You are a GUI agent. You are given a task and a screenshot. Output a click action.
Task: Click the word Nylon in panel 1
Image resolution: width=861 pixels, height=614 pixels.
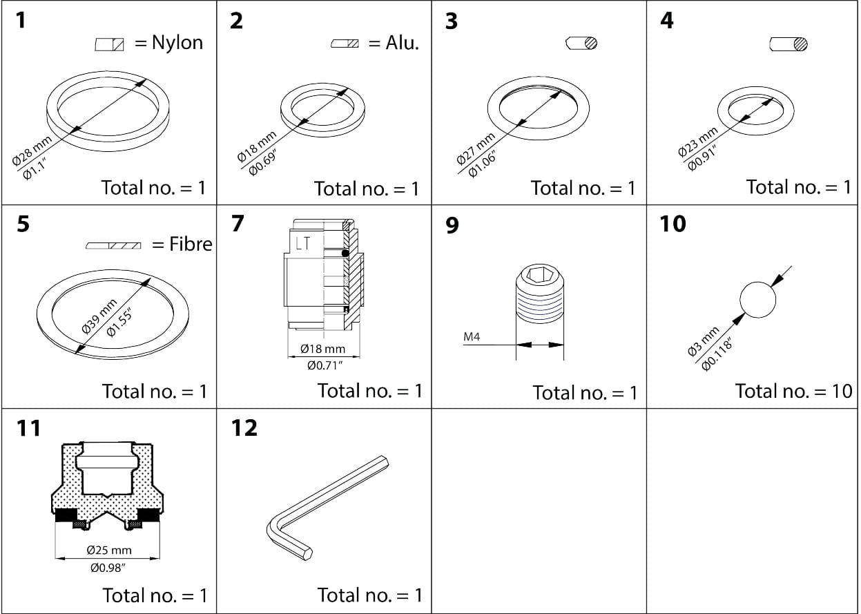pyautogui.click(x=177, y=43)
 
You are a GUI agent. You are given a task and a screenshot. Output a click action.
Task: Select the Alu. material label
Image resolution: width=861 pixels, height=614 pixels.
pyautogui.click(x=402, y=43)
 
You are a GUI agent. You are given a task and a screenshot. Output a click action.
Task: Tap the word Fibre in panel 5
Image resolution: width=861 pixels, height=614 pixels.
pyautogui.click(x=191, y=244)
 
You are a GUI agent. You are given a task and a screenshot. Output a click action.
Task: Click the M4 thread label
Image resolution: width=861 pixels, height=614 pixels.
pyautogui.click(x=472, y=338)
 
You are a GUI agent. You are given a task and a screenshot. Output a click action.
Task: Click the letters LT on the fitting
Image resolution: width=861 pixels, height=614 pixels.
pyautogui.click(x=303, y=243)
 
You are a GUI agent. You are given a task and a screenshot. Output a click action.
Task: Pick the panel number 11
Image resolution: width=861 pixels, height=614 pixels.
pyautogui.click(x=28, y=428)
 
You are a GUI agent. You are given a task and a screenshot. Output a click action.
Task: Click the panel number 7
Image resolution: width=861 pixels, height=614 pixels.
pyautogui.click(x=238, y=224)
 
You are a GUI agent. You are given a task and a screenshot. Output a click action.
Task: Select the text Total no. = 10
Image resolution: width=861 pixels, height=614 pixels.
pyautogui.click(x=793, y=391)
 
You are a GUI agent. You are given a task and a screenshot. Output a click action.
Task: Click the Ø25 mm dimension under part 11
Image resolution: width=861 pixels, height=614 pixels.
pyautogui.click(x=108, y=550)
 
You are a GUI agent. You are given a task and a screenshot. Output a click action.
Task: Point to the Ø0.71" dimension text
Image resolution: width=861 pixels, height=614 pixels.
pyautogui.click(x=325, y=364)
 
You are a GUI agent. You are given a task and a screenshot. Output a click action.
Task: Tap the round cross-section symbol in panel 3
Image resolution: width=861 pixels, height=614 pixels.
pyautogui.click(x=581, y=43)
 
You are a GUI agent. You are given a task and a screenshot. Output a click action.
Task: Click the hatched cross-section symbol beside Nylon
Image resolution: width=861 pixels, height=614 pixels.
pyautogui.click(x=109, y=45)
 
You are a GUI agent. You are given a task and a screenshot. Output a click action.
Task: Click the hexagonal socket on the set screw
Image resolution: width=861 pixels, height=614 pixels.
pyautogui.click(x=540, y=276)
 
